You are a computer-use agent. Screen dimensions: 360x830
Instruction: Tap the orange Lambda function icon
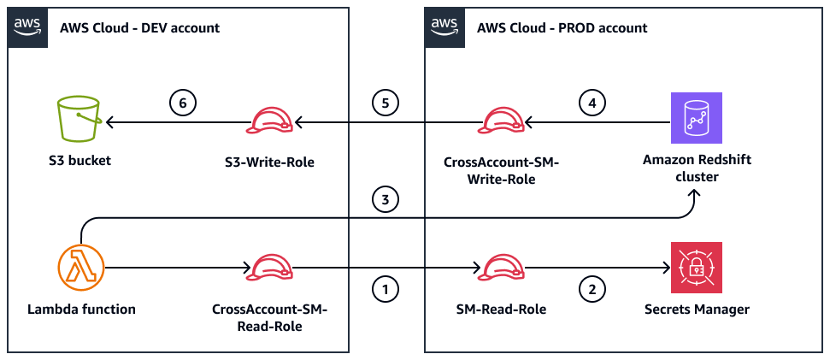click(80, 267)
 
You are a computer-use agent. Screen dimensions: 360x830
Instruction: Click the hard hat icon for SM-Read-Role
click(501, 268)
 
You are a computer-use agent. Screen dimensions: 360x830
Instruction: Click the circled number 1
click(386, 290)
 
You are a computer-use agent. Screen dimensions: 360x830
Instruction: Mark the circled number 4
click(591, 103)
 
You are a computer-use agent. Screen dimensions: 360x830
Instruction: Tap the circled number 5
click(386, 103)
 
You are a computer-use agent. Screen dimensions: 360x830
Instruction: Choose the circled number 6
click(182, 103)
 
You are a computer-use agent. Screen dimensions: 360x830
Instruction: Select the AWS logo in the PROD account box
click(444, 27)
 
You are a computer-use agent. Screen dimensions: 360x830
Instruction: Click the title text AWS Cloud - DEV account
click(139, 28)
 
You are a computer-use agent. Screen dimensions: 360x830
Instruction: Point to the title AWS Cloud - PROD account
click(562, 28)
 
